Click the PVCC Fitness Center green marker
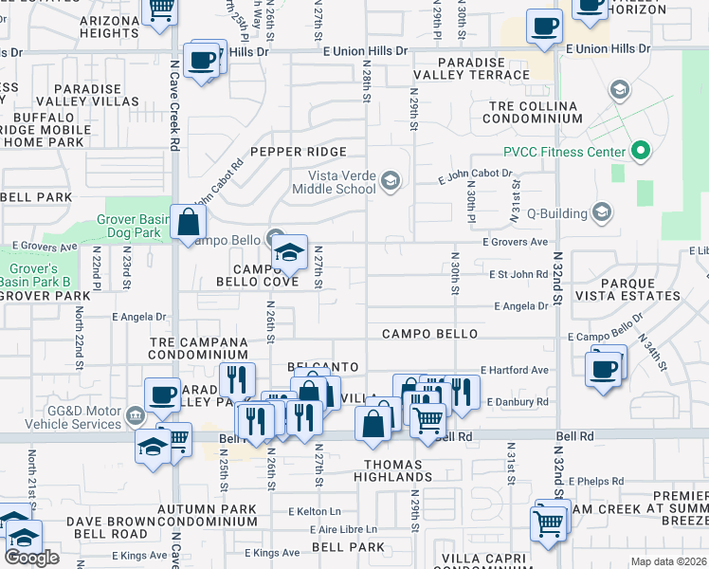[x=640, y=152]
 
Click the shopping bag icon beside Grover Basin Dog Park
[x=189, y=224]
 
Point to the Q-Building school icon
[x=602, y=211]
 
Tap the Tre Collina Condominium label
[x=532, y=113]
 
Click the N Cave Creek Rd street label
[x=175, y=104]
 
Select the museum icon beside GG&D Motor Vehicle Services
[x=136, y=413]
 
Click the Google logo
[x=31, y=558]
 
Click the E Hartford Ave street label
[x=515, y=370]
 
